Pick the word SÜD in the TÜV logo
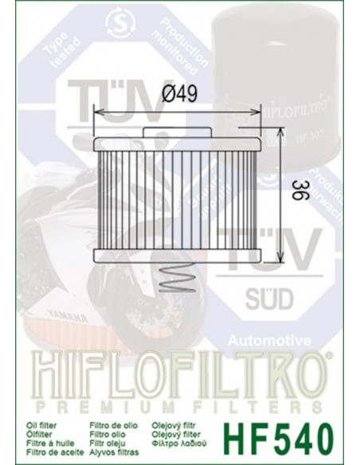271,300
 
